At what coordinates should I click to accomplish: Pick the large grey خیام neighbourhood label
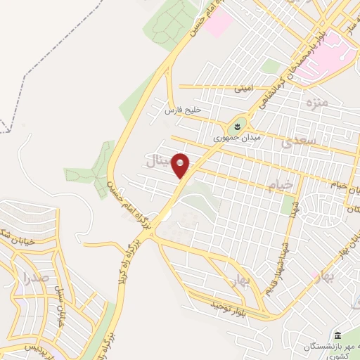tap(281, 185)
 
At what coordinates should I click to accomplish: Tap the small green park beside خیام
tap(287, 205)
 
